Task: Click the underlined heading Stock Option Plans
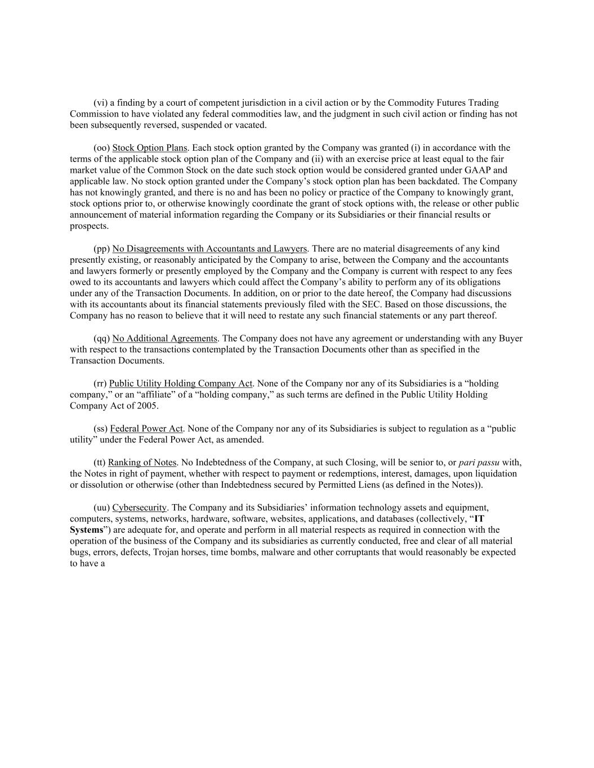(149, 148)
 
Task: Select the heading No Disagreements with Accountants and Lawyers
(209, 249)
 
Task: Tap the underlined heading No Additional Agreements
(164, 339)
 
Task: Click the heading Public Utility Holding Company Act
(181, 384)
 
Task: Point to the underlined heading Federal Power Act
(146, 429)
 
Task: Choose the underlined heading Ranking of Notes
(142, 462)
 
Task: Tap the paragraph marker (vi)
(100, 103)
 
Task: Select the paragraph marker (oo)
(101, 148)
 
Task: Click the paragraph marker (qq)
(101, 339)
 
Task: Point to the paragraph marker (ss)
(100, 429)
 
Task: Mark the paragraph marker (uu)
(101, 507)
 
